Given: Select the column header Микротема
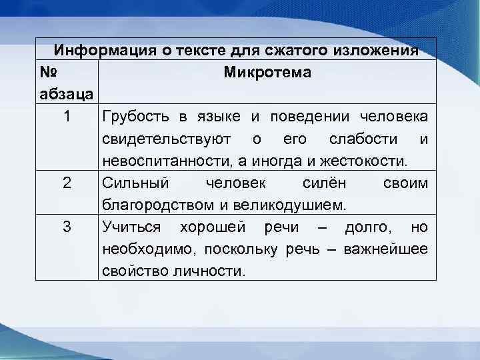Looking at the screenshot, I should [267, 72].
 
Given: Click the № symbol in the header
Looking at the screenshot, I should [49, 72].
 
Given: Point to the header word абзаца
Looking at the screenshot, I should [67, 94].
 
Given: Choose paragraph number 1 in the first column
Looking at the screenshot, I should [67, 117].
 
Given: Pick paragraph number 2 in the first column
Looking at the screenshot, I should [67, 183].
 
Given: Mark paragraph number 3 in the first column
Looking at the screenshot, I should [67, 227].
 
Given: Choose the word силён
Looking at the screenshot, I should [324, 183].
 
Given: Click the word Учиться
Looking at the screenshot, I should [131, 227].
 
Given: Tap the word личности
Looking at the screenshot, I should [216, 271].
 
